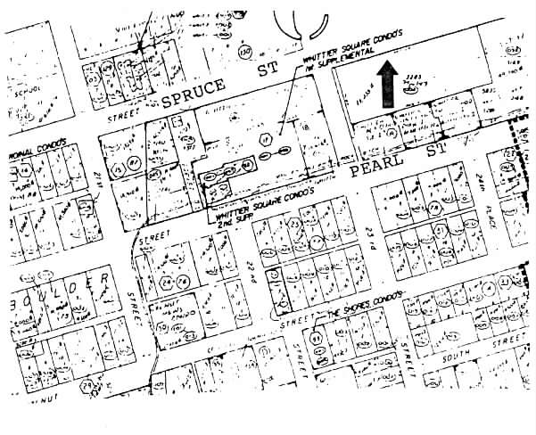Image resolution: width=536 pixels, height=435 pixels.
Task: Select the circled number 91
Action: click(x=317, y=339)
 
